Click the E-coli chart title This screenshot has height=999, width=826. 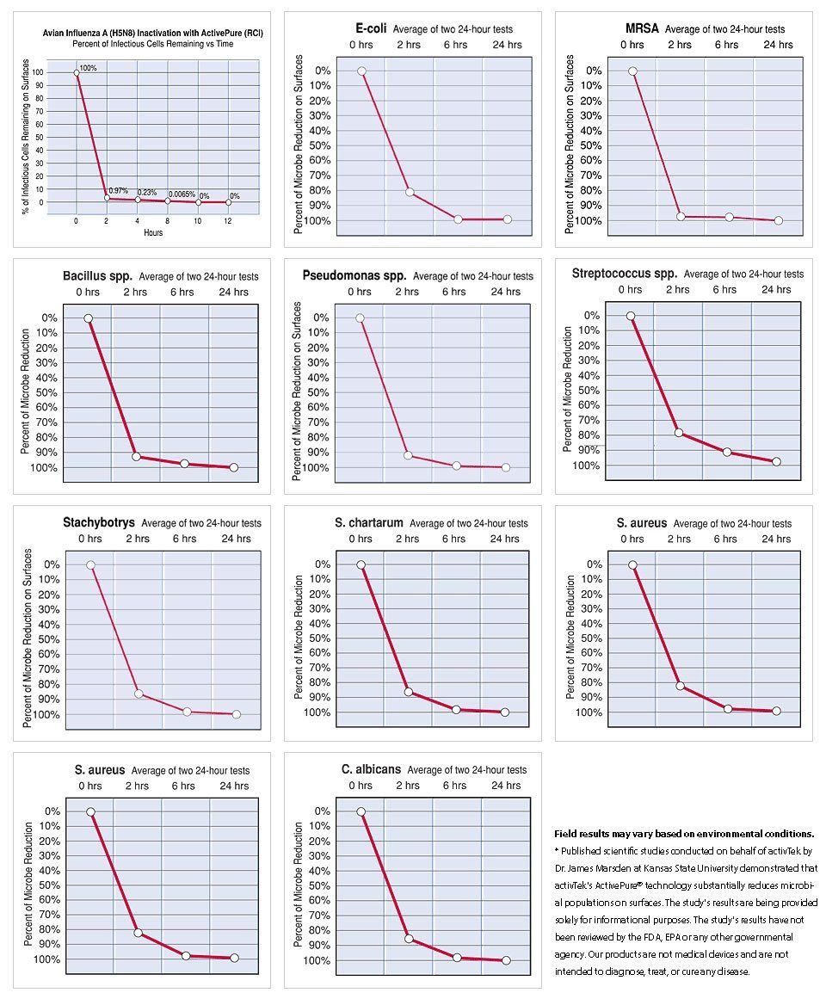tap(371, 28)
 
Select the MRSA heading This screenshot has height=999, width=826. tap(642, 28)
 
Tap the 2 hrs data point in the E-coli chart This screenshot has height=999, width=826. tap(410, 192)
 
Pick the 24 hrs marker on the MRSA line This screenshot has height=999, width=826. tap(778, 220)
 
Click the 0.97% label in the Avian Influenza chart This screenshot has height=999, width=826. tap(118, 190)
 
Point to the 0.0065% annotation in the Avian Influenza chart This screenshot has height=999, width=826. tap(182, 194)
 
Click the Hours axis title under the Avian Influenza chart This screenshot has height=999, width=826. tap(153, 232)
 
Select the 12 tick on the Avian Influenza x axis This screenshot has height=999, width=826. tap(227, 221)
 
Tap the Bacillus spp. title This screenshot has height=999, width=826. tap(97, 276)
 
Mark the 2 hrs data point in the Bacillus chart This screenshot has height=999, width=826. tap(136, 456)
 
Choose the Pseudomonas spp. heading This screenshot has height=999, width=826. tap(354, 276)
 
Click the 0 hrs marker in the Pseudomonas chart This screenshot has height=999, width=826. tap(360, 318)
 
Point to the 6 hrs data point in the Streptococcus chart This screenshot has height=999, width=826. tap(727, 452)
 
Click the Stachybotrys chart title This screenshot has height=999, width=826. tap(99, 522)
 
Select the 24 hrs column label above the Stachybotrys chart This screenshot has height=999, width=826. tap(236, 539)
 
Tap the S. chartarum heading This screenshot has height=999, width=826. tap(369, 522)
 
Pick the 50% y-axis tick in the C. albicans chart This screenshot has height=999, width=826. tap(321, 885)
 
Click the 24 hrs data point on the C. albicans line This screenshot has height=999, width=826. tap(506, 960)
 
